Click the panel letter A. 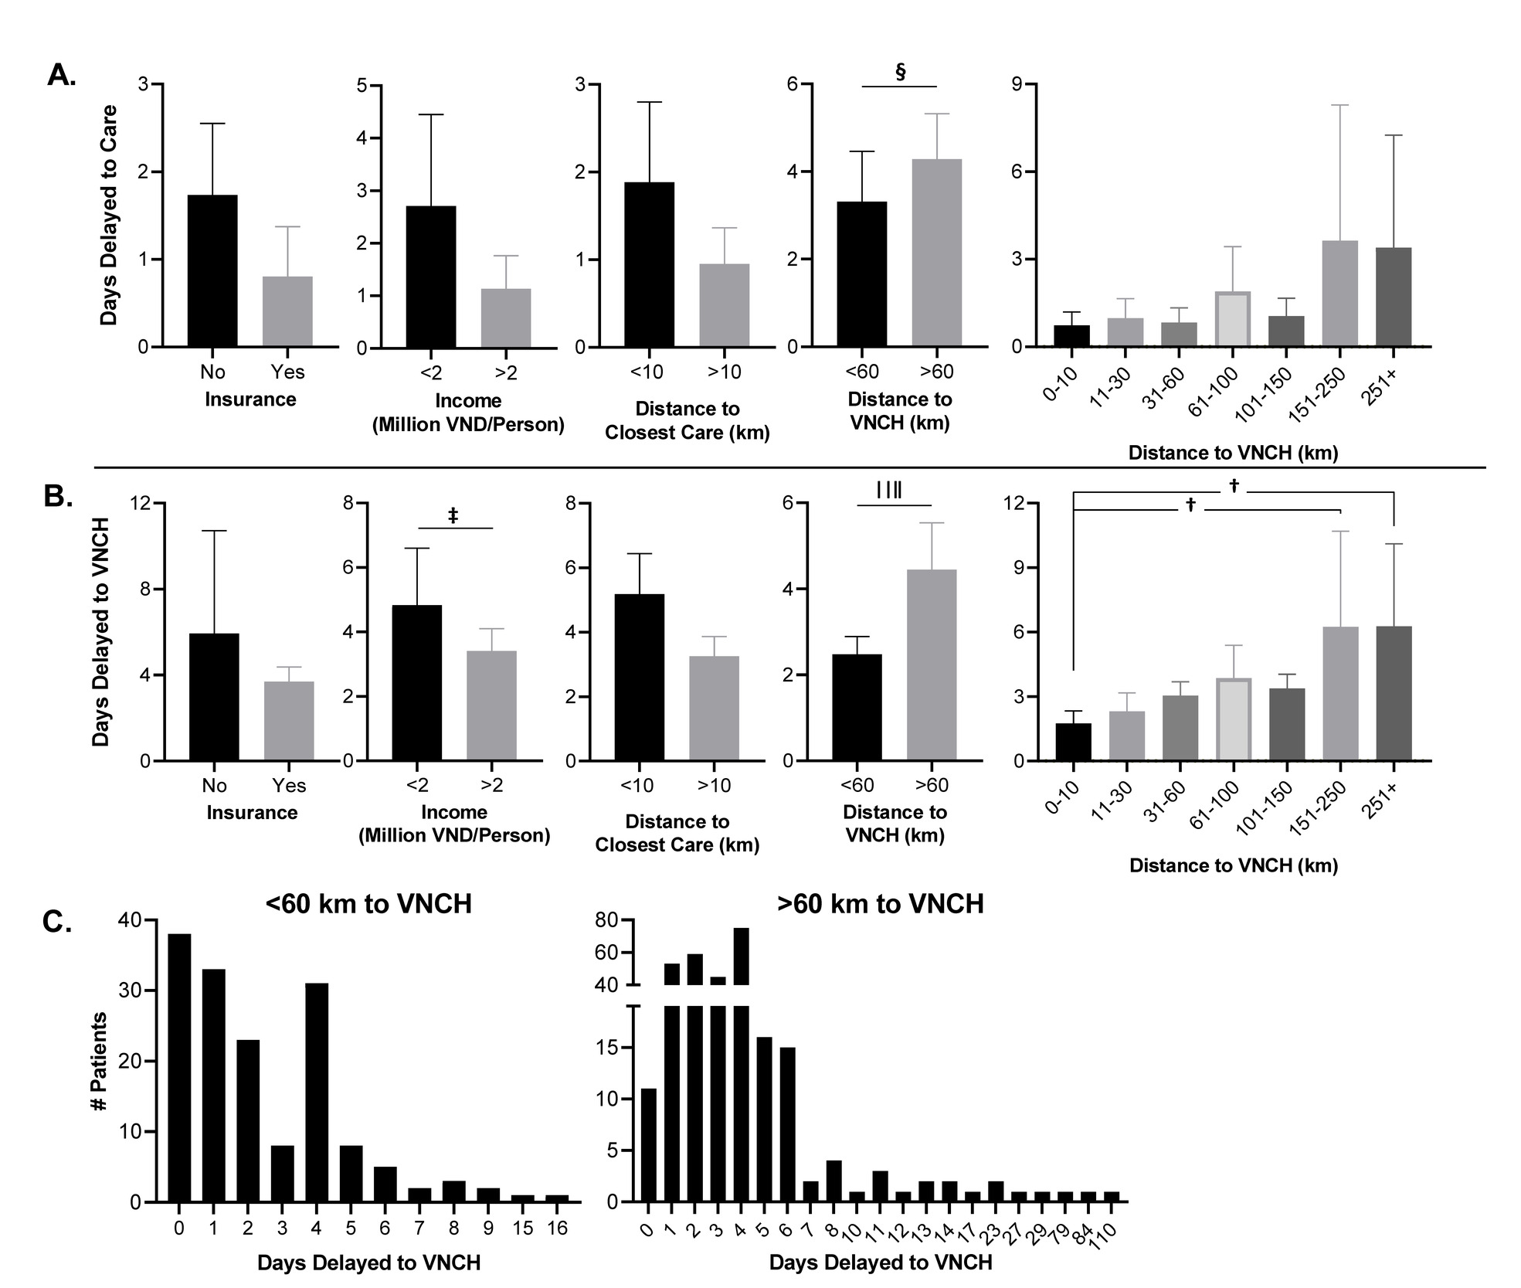(x=61, y=75)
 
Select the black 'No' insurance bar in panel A (x=212, y=270)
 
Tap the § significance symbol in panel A (x=900, y=72)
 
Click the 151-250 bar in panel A (x=1340, y=294)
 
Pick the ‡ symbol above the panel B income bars (x=453, y=515)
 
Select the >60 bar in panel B (x=932, y=665)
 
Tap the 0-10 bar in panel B (x=1074, y=742)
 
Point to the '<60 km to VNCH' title (x=368, y=904)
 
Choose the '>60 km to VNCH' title (x=881, y=904)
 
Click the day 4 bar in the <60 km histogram (x=317, y=1098)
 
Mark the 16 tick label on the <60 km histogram (x=557, y=1228)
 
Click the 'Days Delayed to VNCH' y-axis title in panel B (x=100, y=632)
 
